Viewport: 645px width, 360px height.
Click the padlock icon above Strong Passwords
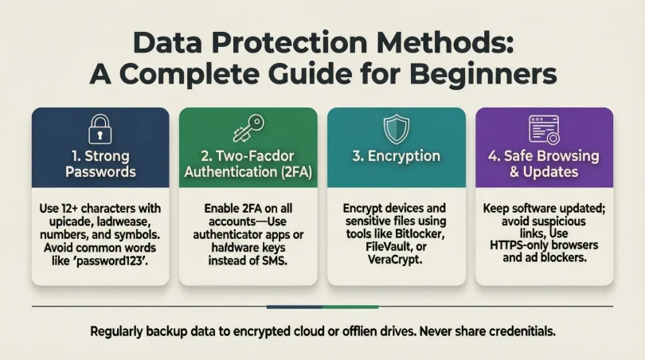[100, 128]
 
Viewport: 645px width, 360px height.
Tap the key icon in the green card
[247, 129]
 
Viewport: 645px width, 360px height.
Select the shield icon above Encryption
[396, 128]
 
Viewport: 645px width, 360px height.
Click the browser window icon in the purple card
[544, 128]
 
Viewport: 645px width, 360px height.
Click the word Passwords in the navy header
[100, 171]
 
